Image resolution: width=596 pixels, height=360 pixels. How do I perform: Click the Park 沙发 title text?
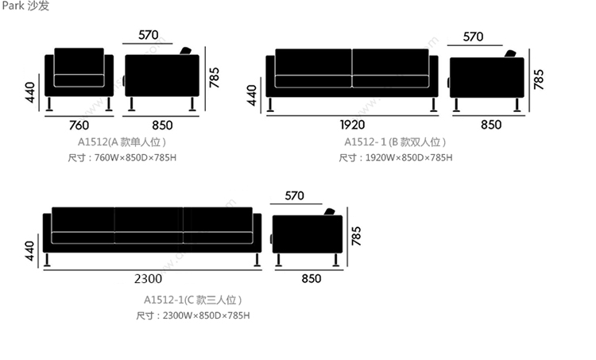point(25,7)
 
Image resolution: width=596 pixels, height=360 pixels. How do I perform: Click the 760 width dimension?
point(79,125)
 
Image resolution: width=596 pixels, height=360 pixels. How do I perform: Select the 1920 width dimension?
point(352,125)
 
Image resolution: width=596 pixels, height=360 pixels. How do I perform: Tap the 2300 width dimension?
point(149,279)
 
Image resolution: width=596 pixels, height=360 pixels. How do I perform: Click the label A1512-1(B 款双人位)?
point(395,142)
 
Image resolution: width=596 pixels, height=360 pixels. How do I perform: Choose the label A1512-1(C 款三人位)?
point(193,300)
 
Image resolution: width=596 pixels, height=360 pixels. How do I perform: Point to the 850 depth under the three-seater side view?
point(312,279)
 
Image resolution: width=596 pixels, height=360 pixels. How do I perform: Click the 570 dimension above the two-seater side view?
point(473,37)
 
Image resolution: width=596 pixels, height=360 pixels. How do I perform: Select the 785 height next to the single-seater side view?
point(215,76)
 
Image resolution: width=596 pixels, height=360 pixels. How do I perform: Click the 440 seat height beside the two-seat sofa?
point(253,94)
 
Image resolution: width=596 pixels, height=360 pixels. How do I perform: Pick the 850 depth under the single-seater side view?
point(161,125)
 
